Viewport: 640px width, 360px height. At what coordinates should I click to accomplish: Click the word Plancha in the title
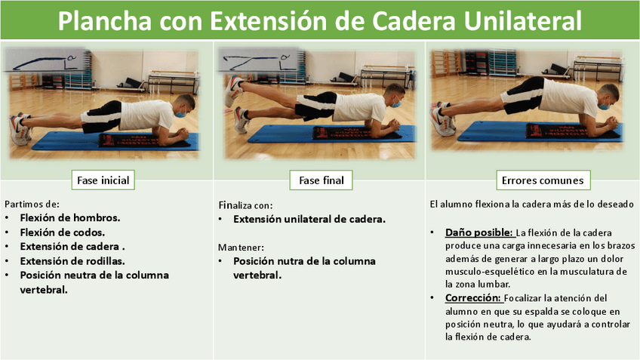(104, 20)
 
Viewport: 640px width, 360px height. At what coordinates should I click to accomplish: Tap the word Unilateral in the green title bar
(523, 20)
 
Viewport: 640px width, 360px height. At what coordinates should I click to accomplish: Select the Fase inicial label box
(103, 180)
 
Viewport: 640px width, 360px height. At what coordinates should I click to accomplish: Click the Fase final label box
(322, 180)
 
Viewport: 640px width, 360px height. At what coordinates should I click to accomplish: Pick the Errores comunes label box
(543, 180)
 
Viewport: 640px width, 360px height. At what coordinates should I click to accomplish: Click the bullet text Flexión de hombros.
(70, 218)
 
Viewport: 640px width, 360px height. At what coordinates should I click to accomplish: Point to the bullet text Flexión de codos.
(63, 232)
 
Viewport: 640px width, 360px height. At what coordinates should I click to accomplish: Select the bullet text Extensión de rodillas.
(72, 261)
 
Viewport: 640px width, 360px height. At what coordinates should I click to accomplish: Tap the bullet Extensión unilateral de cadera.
(309, 219)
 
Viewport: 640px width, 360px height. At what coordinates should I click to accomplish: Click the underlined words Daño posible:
(479, 232)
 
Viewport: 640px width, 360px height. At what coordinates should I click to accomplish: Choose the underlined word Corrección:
(473, 298)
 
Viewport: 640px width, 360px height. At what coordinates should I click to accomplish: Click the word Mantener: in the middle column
(241, 248)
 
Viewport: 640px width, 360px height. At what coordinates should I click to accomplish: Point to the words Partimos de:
(32, 204)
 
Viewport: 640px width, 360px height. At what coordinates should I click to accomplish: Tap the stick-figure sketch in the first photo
(45, 61)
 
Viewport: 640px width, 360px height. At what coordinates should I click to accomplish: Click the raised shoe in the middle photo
(233, 91)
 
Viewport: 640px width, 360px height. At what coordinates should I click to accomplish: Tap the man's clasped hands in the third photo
(611, 122)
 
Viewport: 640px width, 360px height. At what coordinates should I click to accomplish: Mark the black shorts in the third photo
(523, 95)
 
